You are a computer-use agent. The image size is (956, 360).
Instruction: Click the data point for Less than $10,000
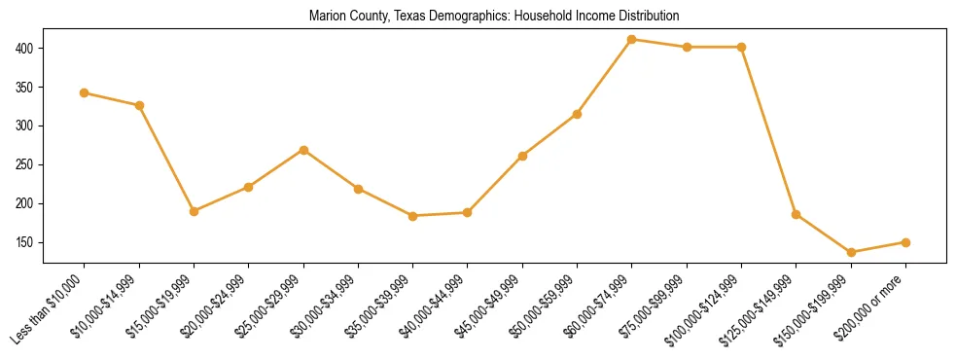[85, 93]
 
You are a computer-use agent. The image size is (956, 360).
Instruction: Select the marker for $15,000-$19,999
[195, 211]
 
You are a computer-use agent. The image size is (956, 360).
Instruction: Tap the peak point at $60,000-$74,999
[632, 40]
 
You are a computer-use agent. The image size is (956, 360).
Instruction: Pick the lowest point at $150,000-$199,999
[851, 252]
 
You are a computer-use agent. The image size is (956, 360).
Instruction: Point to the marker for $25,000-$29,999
[303, 150]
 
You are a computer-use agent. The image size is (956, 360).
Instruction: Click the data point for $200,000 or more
[905, 242]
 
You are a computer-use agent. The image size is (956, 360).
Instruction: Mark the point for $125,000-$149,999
[797, 214]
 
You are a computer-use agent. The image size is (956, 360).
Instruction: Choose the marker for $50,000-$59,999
[578, 114]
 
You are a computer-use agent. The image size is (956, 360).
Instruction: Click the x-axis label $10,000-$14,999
[106, 306]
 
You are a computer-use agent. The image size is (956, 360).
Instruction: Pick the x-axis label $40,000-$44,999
[435, 306]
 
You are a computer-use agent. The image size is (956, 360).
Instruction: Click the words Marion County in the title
[344, 17]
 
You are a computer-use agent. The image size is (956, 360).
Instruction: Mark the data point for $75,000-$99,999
[687, 47]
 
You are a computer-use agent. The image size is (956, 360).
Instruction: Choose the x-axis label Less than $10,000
[50, 308]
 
